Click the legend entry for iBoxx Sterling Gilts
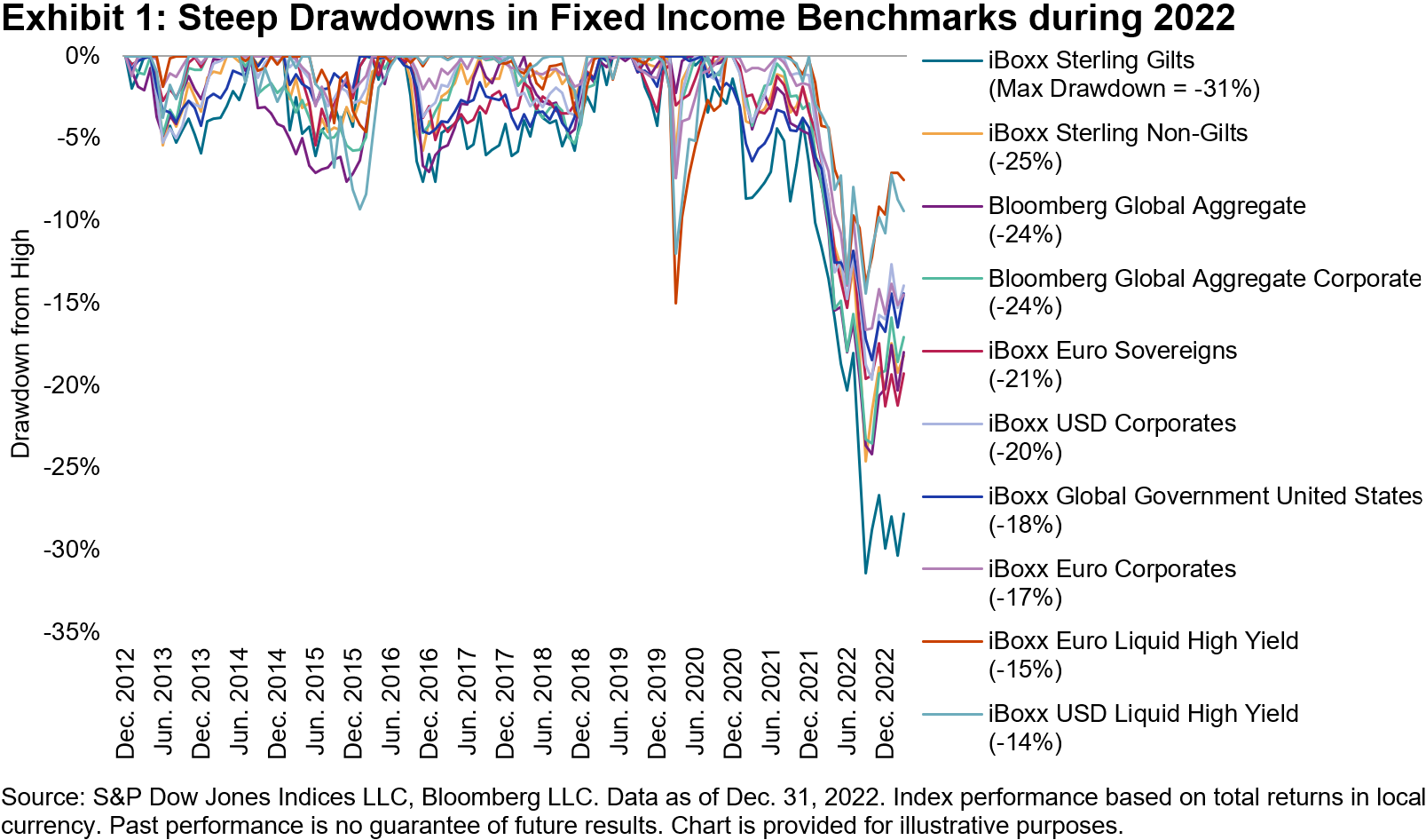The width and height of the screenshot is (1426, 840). click(x=1091, y=60)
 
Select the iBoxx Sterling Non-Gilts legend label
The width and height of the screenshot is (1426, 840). click(x=1117, y=133)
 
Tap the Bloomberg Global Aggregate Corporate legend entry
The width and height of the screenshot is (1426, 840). click(x=1204, y=278)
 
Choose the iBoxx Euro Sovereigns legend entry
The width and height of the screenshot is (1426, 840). click(x=1112, y=351)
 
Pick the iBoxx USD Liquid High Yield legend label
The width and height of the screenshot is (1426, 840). click(x=1143, y=714)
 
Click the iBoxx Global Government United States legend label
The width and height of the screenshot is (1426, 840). click(x=1205, y=496)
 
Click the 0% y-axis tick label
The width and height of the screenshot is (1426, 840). click(x=83, y=56)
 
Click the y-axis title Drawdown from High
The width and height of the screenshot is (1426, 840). click(x=20, y=345)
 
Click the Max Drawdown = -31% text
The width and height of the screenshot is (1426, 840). click(x=1123, y=89)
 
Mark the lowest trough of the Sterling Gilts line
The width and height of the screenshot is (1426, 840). click(x=866, y=573)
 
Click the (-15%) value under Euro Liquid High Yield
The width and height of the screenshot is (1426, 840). click(x=1025, y=670)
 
